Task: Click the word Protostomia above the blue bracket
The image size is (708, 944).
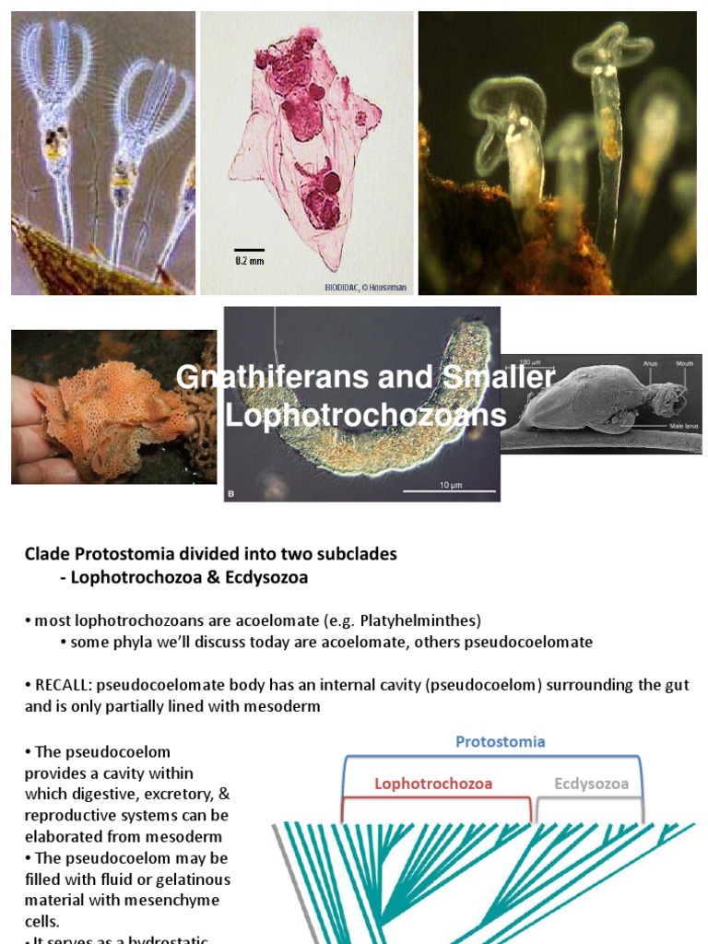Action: click(500, 741)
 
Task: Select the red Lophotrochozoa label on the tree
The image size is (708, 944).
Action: click(433, 784)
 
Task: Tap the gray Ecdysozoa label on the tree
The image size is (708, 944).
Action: click(591, 784)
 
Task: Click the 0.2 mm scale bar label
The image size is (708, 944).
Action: click(249, 261)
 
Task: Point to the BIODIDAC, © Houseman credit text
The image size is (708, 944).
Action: click(366, 288)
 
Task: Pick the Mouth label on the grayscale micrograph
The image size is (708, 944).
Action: click(684, 363)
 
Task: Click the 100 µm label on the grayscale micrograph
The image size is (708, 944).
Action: click(529, 361)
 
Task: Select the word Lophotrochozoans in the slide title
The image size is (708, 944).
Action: click(366, 415)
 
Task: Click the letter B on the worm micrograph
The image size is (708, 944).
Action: click(231, 494)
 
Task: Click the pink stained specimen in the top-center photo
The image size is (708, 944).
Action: click(304, 147)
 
